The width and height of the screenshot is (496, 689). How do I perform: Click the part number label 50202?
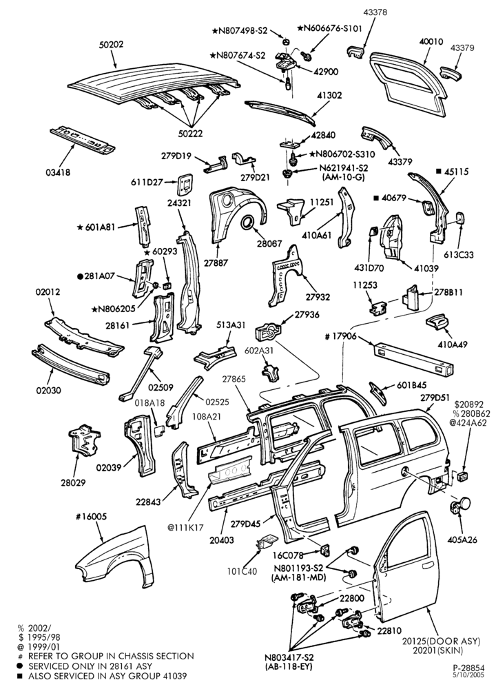click(x=111, y=44)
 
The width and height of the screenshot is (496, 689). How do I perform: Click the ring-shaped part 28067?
click(x=249, y=223)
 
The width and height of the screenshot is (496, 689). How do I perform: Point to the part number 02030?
click(x=48, y=390)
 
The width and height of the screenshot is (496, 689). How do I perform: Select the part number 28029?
click(x=74, y=482)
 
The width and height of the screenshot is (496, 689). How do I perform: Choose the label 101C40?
click(x=242, y=571)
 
